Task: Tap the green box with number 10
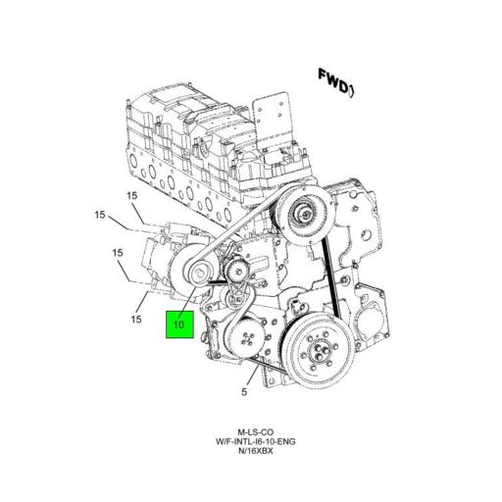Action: pyautogui.click(x=180, y=323)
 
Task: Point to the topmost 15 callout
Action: pyautogui.click(x=132, y=196)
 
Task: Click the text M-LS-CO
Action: pyautogui.click(x=253, y=432)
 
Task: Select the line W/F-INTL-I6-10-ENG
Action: pyautogui.click(x=253, y=443)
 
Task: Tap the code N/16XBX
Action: pyautogui.click(x=253, y=454)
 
